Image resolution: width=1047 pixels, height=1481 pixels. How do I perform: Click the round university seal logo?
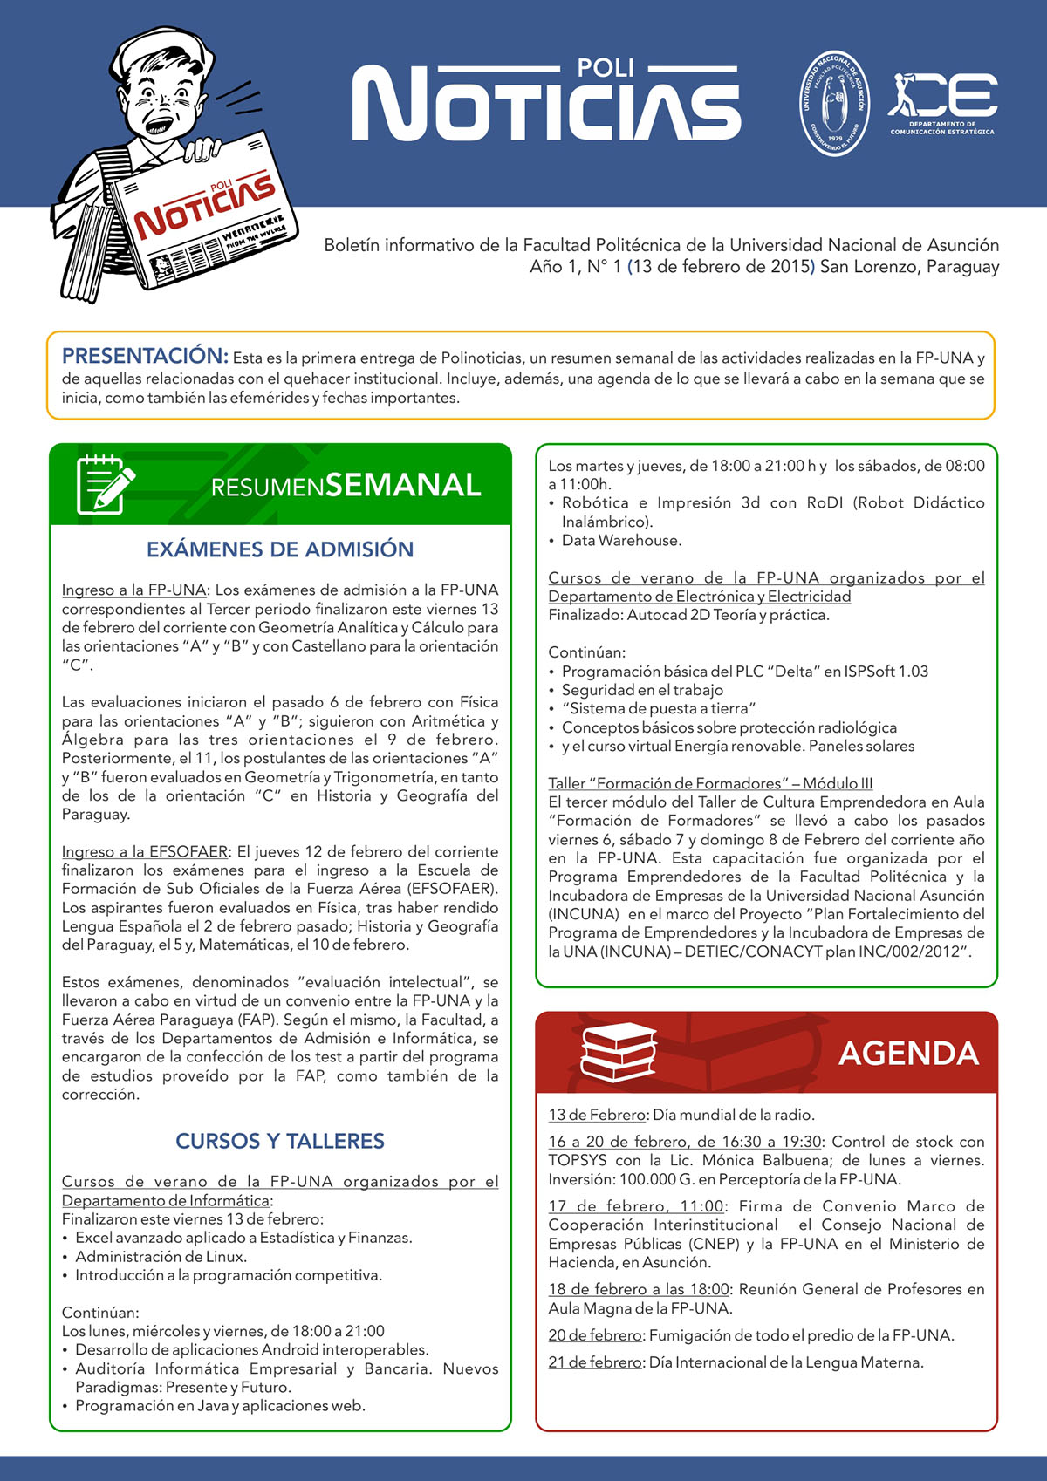835,103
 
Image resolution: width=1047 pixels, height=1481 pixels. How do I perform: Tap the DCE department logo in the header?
942,103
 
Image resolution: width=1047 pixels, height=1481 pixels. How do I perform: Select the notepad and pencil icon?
105,485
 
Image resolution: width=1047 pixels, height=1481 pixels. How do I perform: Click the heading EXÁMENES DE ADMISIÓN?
280,549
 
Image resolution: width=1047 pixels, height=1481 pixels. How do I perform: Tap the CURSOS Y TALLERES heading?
280,1141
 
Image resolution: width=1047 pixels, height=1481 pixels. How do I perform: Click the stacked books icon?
618,1052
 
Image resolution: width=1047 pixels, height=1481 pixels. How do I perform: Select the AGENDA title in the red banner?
908,1054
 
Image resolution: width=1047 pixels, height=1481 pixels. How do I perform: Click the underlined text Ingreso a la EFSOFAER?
145,851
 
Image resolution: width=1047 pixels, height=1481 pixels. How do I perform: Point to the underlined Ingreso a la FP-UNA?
133,590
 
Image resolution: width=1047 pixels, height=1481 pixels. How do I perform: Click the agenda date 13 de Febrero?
597,1115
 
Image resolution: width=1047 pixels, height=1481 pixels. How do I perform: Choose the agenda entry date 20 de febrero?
596,1335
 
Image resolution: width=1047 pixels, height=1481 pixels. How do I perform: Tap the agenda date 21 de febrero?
595,1362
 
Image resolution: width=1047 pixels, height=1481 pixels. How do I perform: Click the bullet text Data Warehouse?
621,541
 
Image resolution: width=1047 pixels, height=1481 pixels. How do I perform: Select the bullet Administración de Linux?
161,1257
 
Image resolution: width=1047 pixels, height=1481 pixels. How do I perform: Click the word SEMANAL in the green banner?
403,485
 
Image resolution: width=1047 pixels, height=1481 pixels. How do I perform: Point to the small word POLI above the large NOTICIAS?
606,68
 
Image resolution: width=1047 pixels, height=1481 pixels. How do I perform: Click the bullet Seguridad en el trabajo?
642,690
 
